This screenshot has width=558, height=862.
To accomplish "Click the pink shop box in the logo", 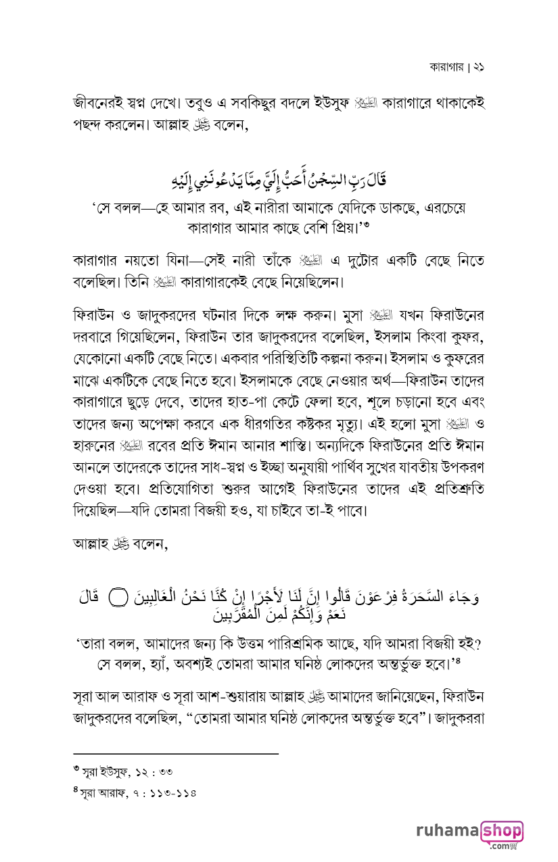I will point(502,831).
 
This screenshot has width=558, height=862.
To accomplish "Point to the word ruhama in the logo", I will point(447,831).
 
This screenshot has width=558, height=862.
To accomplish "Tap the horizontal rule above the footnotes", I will point(176,752).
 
